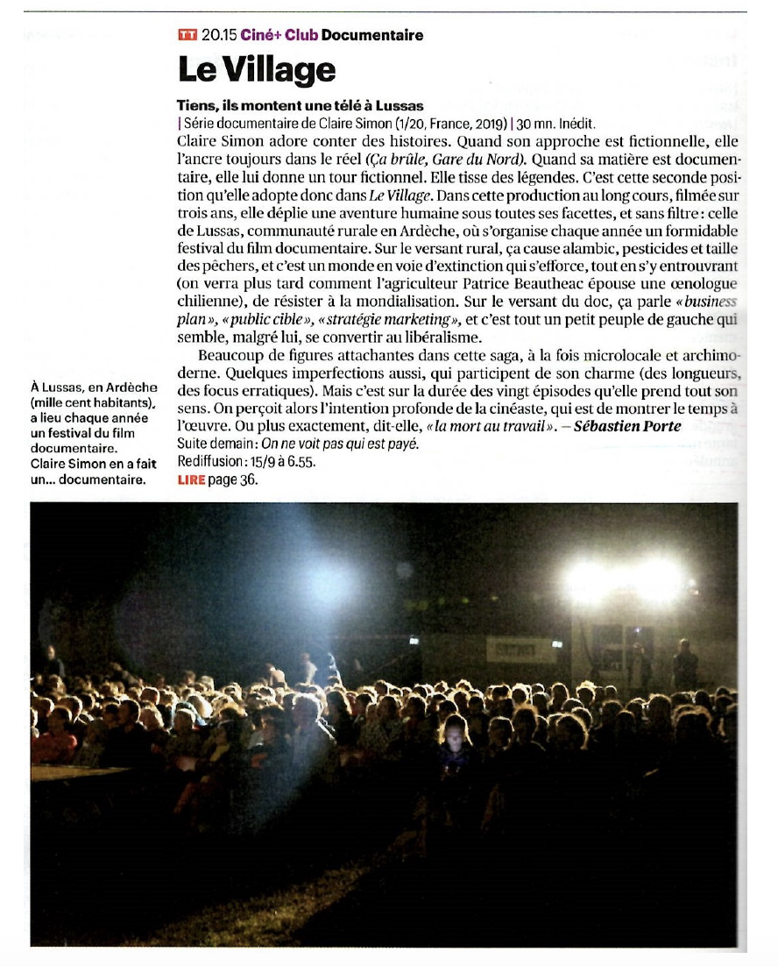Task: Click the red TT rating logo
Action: (187, 35)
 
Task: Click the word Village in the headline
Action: (281, 69)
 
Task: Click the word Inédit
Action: (576, 124)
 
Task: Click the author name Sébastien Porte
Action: (626, 427)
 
